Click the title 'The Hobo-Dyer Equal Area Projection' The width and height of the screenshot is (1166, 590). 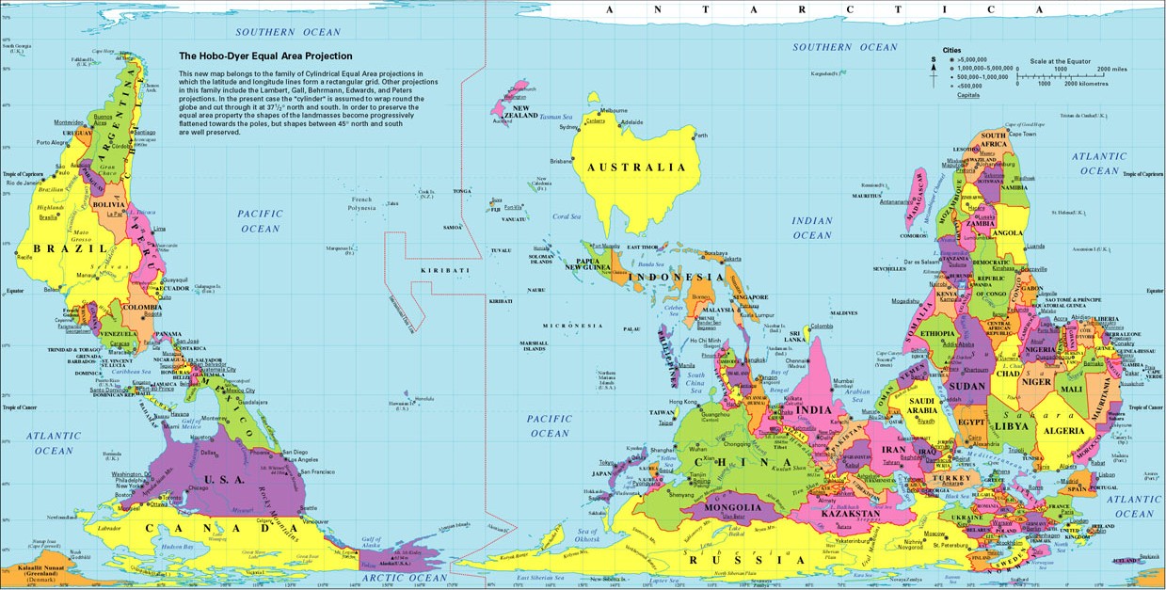coord(265,56)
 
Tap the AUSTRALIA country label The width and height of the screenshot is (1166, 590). coord(637,167)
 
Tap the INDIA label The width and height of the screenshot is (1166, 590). coord(815,409)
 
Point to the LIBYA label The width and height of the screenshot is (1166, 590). coord(1011,426)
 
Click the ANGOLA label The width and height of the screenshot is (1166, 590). coord(1007,233)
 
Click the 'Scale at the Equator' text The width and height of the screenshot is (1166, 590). coord(1061,61)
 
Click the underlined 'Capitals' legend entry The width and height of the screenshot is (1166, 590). coord(968,95)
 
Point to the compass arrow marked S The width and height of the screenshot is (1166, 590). coord(934,72)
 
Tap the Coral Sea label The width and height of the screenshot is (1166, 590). coord(567,216)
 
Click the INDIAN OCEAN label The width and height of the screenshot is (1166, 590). coord(812,228)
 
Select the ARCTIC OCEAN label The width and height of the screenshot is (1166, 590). coord(407,577)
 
